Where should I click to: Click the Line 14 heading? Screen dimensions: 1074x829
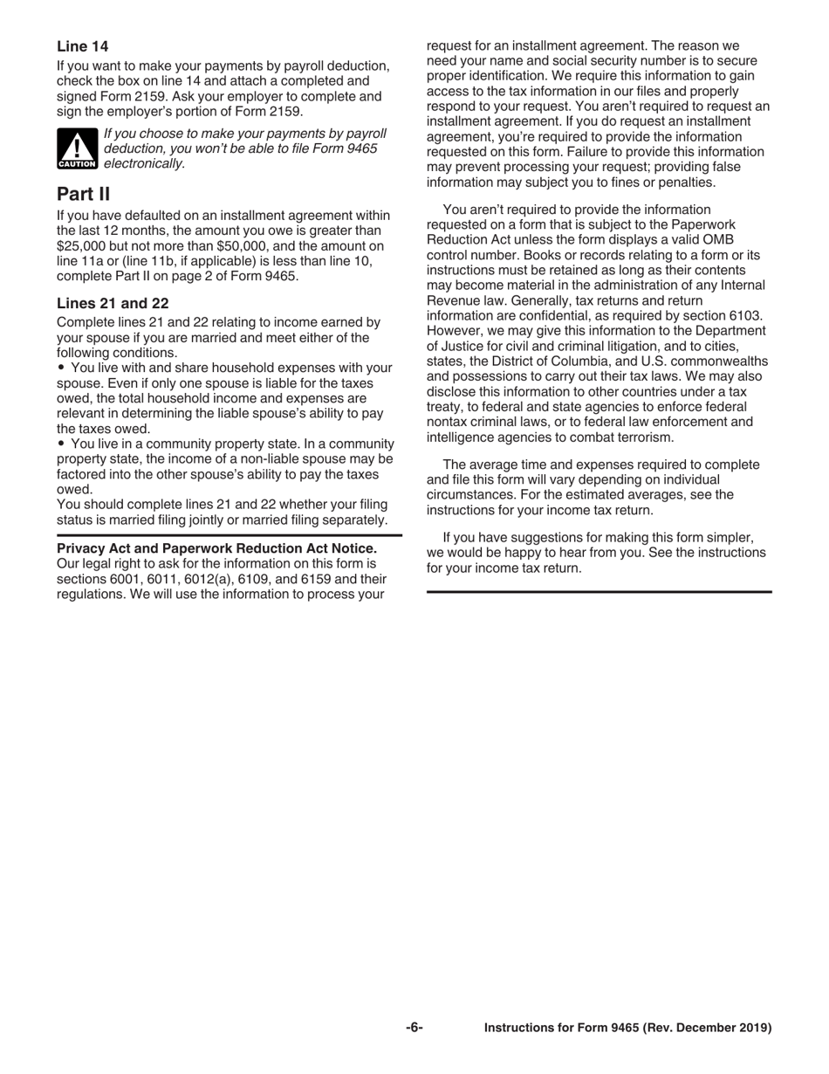(x=82, y=45)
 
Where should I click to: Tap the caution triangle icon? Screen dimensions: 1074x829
(x=77, y=148)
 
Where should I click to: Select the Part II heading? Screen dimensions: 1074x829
(x=83, y=193)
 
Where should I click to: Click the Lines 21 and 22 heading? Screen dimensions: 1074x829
(x=113, y=303)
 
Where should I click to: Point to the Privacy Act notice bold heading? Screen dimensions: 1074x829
(x=216, y=548)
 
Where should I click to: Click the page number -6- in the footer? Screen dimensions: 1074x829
(x=414, y=1028)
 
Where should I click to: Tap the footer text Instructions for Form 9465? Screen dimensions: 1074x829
(x=627, y=1028)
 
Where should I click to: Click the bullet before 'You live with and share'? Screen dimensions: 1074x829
(x=61, y=368)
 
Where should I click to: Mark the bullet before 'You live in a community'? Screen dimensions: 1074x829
(x=61, y=444)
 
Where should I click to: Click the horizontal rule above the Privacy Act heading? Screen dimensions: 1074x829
(x=230, y=534)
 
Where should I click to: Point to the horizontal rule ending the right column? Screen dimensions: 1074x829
(x=599, y=592)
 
